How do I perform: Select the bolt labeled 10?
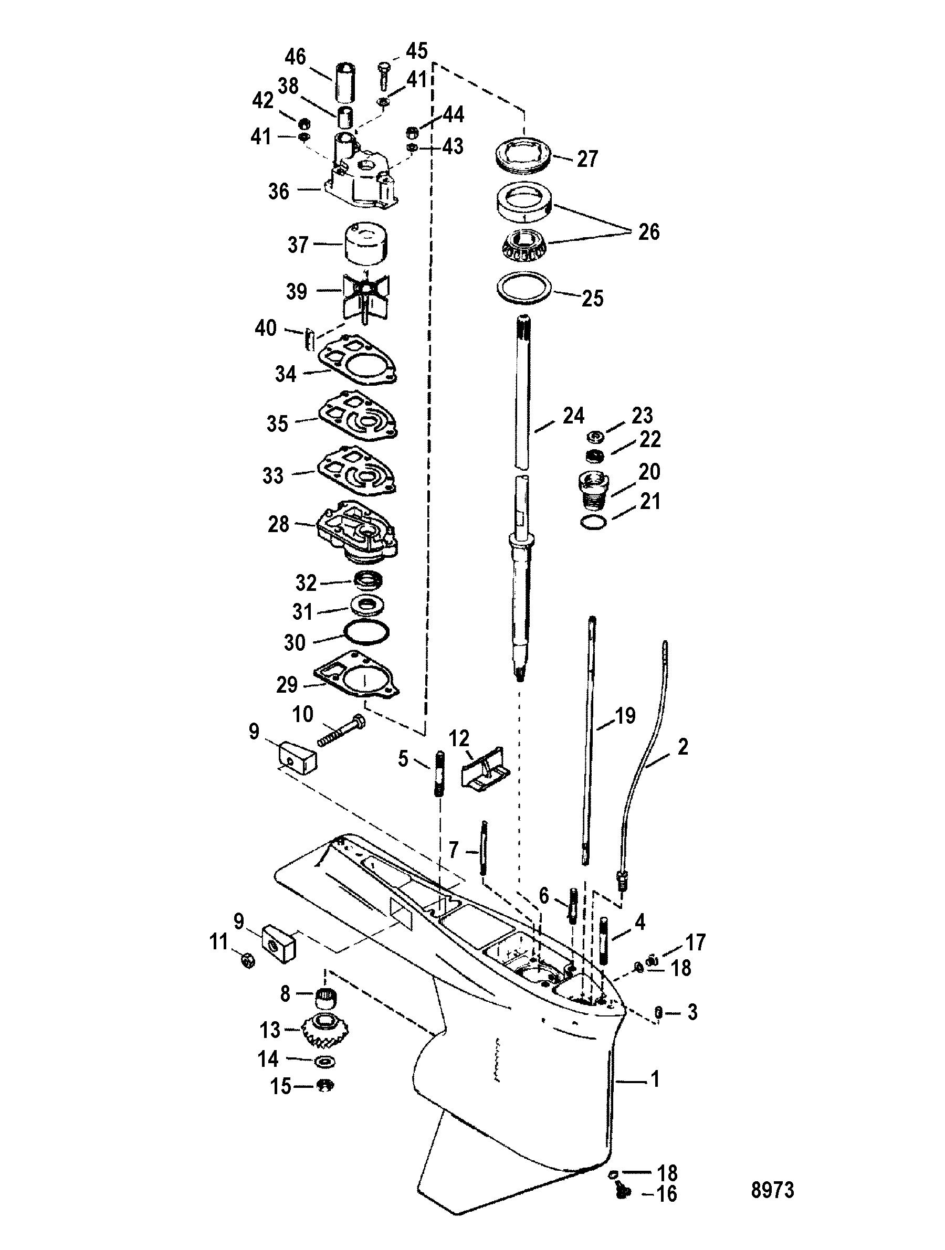point(340,731)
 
